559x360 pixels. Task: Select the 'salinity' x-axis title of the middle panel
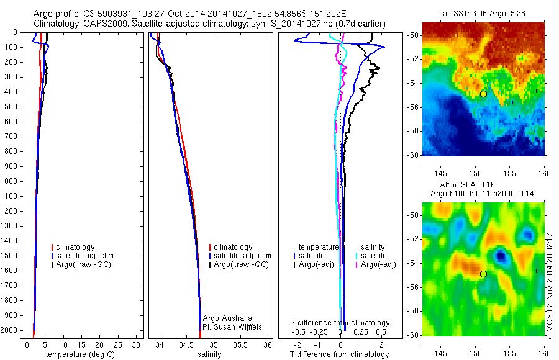209,354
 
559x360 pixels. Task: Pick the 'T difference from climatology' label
340,354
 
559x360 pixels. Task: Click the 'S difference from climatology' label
340,323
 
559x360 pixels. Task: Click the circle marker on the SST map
483,94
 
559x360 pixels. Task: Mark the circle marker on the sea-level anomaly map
483,274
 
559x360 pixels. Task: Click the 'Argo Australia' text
227,318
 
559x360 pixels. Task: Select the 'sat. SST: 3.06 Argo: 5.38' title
483,12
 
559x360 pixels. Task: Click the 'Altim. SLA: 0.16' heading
476,185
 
